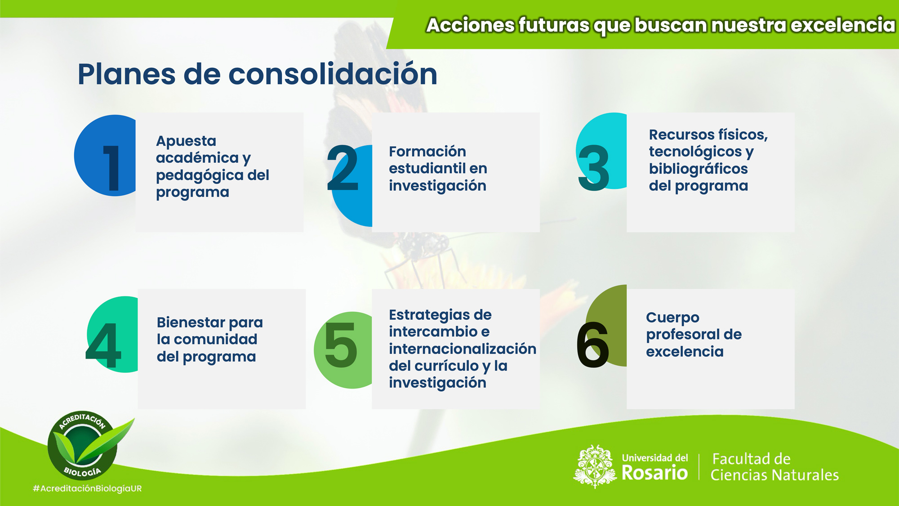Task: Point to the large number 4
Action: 103,345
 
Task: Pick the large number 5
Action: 341,345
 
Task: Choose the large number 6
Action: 592,345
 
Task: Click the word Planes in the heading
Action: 126,74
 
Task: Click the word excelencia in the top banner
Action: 843,25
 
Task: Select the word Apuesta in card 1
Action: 186,141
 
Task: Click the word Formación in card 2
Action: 427,151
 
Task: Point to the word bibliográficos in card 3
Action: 698,169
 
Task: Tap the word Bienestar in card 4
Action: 191,322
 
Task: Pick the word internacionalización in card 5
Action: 463,349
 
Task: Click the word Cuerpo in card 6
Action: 672,318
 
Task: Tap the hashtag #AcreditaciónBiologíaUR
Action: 87,488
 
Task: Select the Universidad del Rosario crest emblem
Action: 595,466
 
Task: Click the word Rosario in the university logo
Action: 654,473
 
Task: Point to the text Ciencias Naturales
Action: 774,475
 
